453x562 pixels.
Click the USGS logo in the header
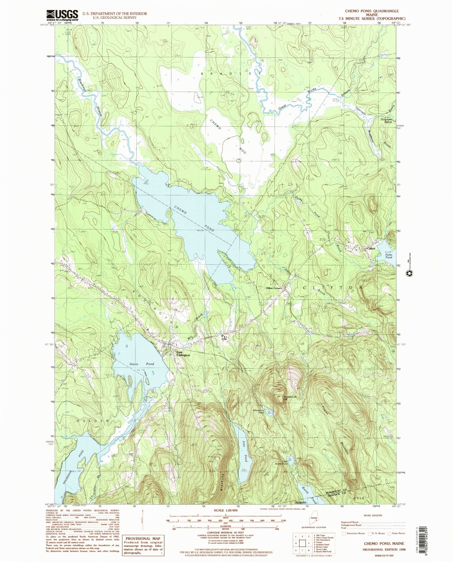[62, 15]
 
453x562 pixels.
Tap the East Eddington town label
[183, 354]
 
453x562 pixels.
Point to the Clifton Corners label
[274, 288]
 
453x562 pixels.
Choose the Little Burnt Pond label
[281, 462]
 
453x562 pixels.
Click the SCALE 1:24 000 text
[225, 510]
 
